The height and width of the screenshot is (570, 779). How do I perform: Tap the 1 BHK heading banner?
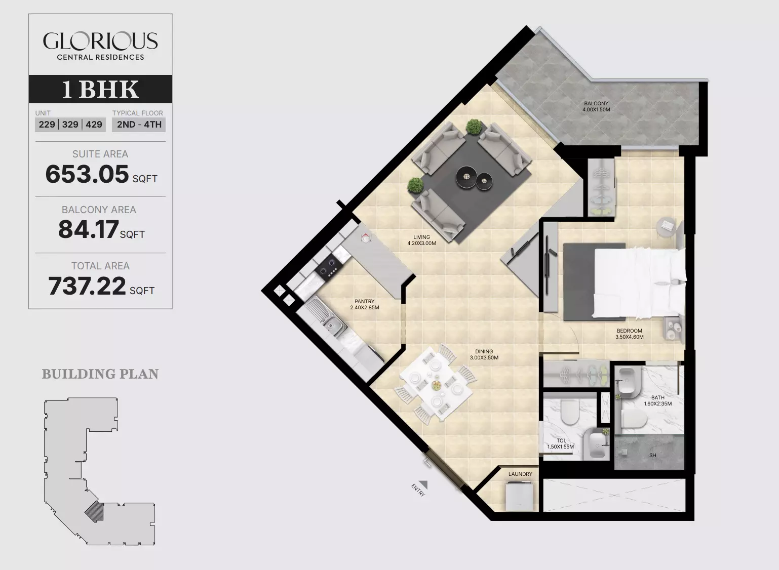[100, 89]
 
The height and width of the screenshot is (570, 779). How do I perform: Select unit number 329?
[70, 125]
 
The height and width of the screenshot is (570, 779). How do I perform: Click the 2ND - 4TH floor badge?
[139, 125]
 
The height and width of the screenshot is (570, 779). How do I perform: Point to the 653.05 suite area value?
[87, 174]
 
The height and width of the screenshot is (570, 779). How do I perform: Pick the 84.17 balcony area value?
[88, 229]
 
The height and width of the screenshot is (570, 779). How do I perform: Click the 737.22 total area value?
[87, 286]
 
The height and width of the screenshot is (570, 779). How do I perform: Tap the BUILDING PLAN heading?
[100, 374]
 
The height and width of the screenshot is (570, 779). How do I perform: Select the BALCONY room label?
[596, 103]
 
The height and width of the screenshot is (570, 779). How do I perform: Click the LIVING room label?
[421, 237]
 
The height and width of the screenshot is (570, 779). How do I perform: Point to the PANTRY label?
[365, 301]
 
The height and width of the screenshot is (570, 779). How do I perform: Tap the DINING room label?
[484, 351]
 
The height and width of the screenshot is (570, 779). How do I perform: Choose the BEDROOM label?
[630, 331]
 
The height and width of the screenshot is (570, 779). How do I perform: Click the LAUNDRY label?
[520, 474]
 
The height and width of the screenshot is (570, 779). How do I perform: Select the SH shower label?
[653, 455]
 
